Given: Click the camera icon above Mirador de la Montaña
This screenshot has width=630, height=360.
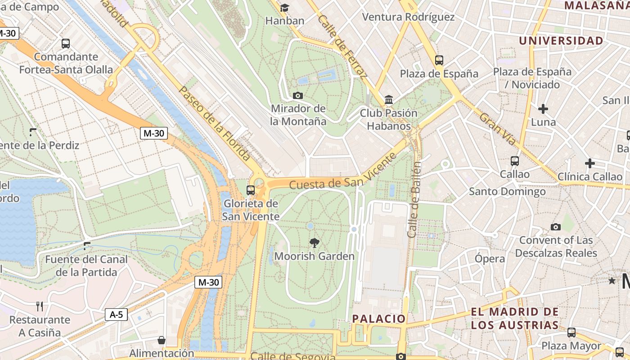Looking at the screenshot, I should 297,95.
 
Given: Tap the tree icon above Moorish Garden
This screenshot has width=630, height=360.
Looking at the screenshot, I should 315,243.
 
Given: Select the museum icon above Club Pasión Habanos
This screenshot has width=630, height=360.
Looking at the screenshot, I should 389,99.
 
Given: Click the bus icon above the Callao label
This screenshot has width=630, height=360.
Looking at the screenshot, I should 515,161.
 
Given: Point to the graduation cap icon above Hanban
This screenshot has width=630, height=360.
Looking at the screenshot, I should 284,8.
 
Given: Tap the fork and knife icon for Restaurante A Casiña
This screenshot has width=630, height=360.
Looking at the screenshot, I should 40,306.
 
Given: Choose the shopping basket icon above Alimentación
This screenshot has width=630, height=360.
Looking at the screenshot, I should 161,340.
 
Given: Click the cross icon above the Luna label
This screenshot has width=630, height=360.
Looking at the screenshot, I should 543,108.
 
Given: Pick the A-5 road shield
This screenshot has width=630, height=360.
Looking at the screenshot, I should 116,314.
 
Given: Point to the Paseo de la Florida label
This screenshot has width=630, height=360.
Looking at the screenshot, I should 214,122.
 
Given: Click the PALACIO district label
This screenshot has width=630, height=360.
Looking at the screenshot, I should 379,319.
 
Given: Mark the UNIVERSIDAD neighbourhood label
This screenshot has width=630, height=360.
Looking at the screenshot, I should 561,40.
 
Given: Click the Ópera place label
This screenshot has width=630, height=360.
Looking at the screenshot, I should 490,259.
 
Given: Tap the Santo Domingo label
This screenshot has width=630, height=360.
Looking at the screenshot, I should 507,192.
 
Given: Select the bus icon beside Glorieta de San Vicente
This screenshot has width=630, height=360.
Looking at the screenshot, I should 251,190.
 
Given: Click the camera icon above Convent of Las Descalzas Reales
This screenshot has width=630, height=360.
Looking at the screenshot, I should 556,227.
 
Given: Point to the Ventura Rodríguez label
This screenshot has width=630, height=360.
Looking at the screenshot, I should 408,17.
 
